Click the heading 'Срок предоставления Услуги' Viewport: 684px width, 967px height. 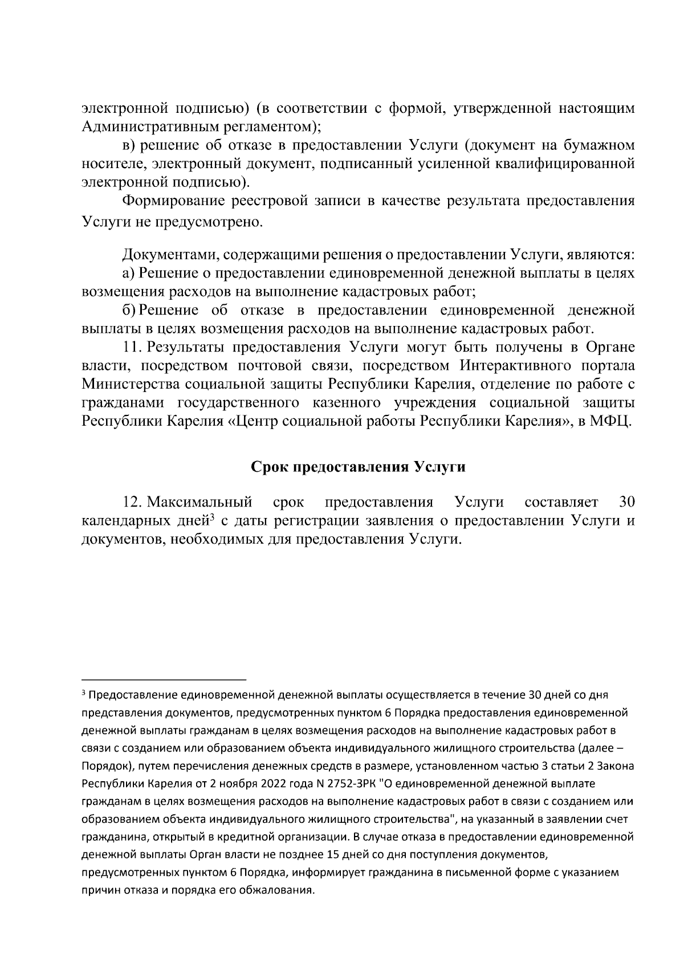point(359,467)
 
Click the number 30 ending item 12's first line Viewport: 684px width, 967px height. point(626,502)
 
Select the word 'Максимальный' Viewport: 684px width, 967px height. point(199,502)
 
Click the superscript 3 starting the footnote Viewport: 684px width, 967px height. point(84,693)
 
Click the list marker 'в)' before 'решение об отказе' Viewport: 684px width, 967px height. point(129,146)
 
